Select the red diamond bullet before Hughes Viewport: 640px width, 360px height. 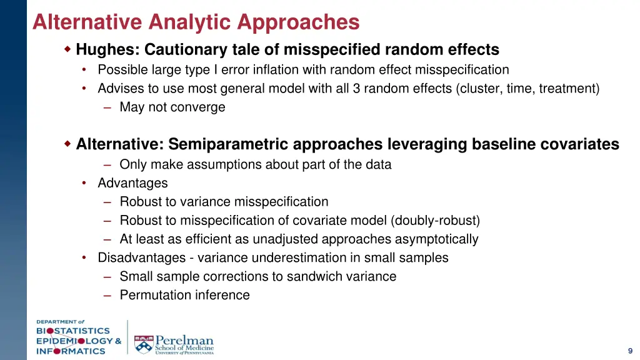[x=68, y=49]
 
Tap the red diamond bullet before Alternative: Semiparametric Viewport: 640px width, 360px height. [x=68, y=144]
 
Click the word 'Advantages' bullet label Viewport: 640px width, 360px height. [x=132, y=183]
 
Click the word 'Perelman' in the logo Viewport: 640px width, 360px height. [x=184, y=340]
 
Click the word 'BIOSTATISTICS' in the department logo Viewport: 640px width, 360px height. [x=72, y=331]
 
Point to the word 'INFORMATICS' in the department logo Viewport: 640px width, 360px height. [x=70, y=351]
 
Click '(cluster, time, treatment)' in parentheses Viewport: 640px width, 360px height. [x=527, y=88]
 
